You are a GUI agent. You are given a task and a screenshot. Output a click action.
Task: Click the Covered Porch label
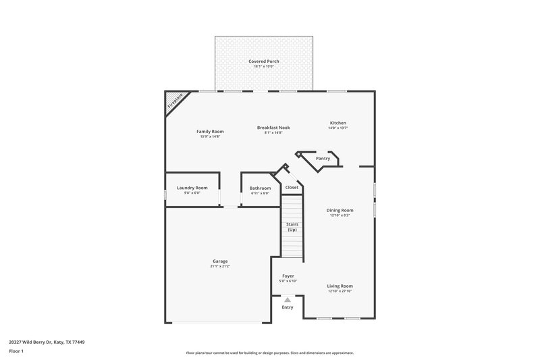[263, 61]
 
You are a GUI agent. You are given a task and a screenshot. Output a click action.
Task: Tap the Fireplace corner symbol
[174, 101]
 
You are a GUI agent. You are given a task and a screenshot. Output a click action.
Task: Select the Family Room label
[210, 132]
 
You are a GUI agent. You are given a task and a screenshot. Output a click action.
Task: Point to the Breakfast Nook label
[273, 128]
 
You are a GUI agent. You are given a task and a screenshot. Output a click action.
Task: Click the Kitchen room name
[337, 123]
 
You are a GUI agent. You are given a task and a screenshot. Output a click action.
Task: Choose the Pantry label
[323, 158]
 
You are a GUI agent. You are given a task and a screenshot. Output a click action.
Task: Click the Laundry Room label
[192, 188]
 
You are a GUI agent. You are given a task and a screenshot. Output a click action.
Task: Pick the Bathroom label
[260, 188]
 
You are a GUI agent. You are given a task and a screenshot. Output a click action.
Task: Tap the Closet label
[292, 187]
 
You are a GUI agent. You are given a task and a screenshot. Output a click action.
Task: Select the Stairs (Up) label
[292, 227]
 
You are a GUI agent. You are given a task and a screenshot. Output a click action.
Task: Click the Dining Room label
[340, 210]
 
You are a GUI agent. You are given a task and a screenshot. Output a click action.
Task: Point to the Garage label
[220, 261]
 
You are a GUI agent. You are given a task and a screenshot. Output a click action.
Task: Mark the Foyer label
[288, 276]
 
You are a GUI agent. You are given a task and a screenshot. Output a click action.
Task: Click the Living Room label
[340, 286]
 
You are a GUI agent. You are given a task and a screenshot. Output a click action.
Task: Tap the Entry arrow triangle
[288, 299]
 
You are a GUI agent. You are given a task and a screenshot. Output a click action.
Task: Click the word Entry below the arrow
[288, 307]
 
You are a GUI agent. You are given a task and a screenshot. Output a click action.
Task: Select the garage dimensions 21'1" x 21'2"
[220, 266]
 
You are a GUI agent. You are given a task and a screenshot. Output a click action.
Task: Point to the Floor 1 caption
[16, 351]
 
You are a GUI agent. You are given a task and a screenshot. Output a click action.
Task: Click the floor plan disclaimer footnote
[270, 353]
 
